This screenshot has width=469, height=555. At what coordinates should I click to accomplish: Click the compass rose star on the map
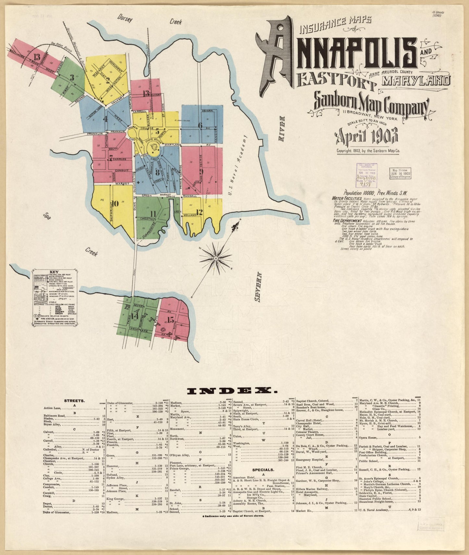coord(215,259)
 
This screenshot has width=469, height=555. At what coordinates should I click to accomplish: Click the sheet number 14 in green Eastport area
coord(134,316)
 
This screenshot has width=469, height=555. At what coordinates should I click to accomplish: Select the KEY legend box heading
coord(54,272)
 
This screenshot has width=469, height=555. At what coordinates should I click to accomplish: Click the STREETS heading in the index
coord(75,401)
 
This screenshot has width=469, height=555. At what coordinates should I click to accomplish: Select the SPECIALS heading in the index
coord(263,470)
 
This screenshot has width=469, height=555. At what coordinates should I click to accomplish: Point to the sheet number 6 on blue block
coord(200,125)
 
